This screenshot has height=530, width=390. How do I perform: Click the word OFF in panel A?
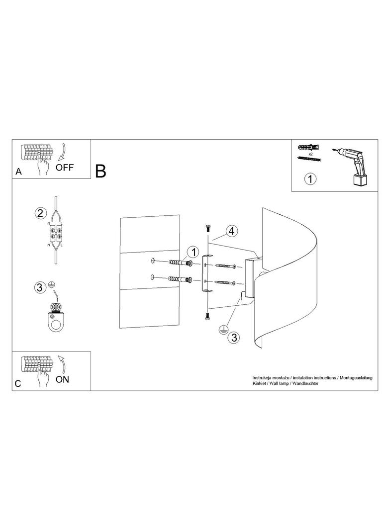coord(64,167)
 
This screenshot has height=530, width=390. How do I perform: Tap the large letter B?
coord(100,171)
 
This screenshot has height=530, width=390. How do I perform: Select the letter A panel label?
coord(18,172)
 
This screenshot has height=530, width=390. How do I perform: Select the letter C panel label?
coord(18,384)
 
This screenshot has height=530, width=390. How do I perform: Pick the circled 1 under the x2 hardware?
coord(310,178)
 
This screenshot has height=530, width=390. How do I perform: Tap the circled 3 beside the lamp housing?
coord(233,337)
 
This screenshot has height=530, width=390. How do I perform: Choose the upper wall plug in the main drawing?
coord(179,263)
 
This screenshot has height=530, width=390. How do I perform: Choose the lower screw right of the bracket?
coord(224,283)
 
